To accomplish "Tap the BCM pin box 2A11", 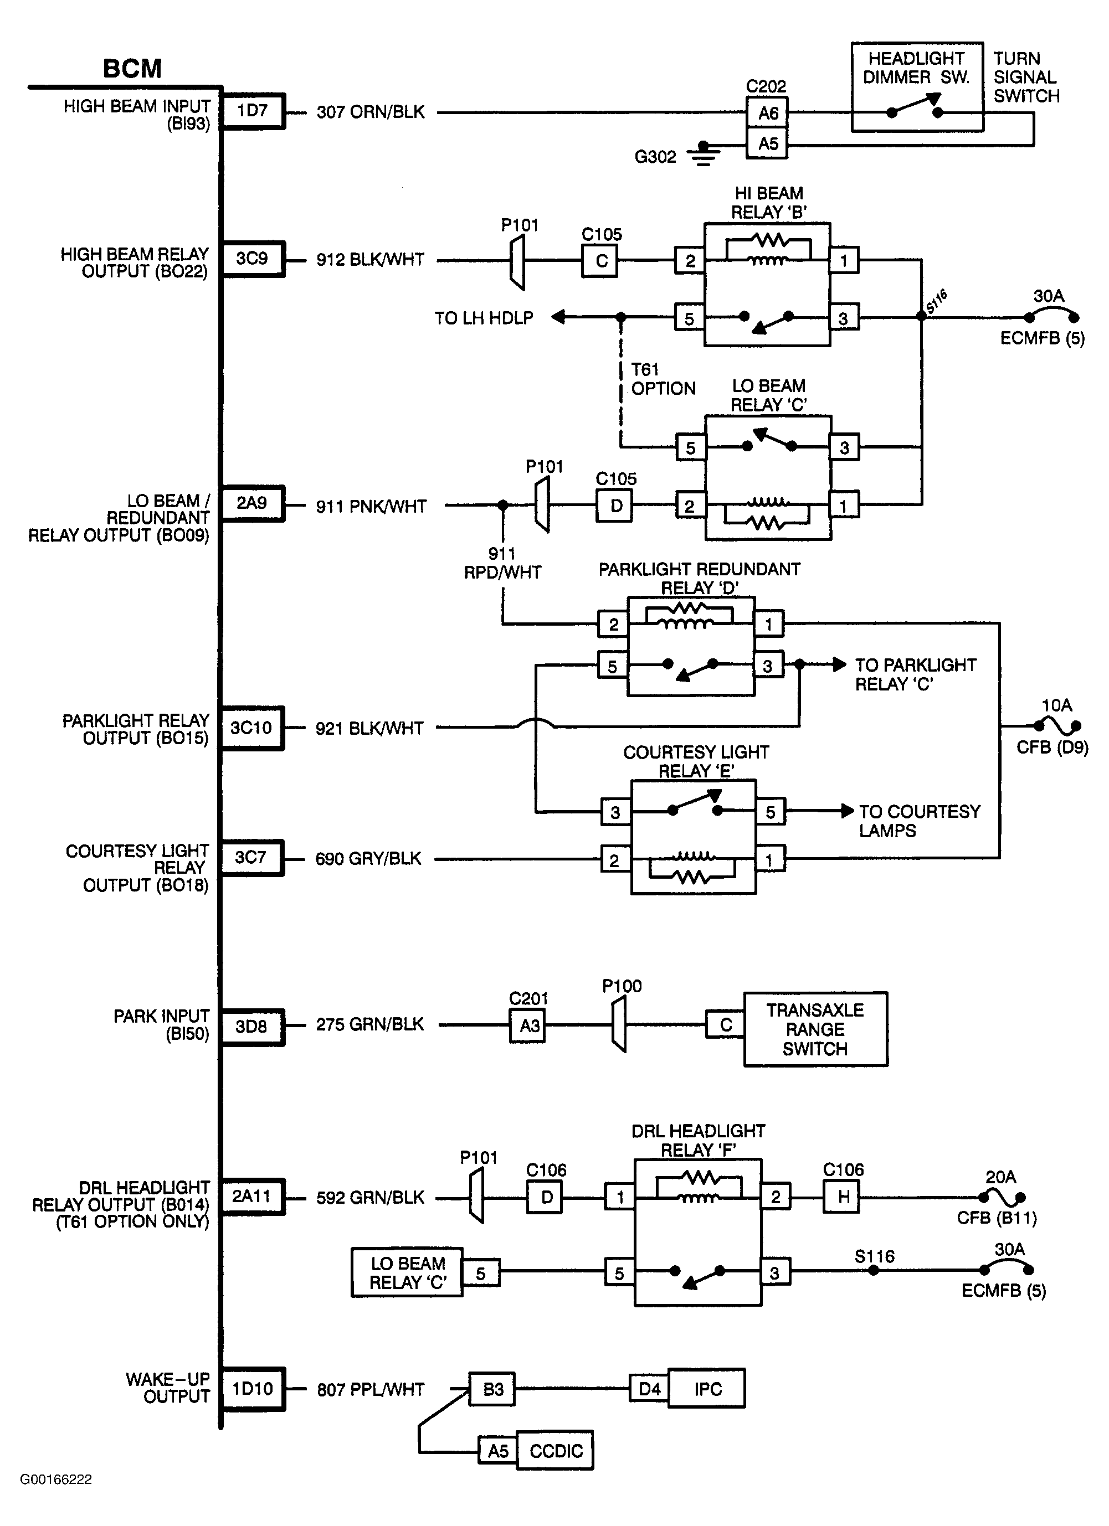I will tap(251, 1197).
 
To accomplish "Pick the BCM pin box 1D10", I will tap(253, 1389).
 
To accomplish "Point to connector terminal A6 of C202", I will tap(767, 113).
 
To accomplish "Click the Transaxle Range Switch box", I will tap(815, 1029).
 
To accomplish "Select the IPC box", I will tap(707, 1389).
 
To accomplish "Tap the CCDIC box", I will tap(555, 1451).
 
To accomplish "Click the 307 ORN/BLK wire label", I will tap(371, 112).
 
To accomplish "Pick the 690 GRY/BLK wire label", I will tap(368, 859).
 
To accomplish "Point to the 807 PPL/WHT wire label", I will tap(371, 1389).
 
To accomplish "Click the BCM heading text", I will tap(132, 69).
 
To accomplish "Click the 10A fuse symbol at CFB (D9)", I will tap(1057, 725).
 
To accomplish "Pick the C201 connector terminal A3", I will tap(528, 1025).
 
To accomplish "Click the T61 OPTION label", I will tap(662, 379).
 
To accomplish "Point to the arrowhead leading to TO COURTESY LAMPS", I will tap(846, 811).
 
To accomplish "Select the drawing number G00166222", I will tap(56, 1498).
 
